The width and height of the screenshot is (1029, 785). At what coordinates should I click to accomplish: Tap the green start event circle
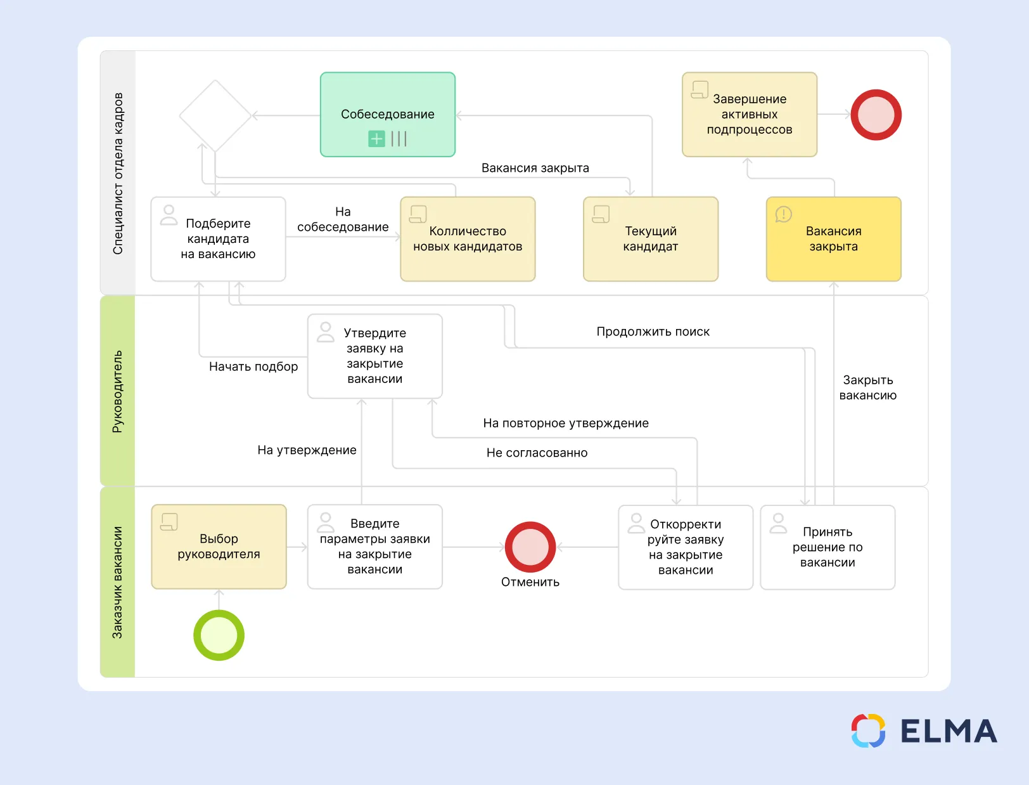pyautogui.click(x=219, y=635)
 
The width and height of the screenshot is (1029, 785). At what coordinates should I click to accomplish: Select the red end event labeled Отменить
pyautogui.click(x=530, y=547)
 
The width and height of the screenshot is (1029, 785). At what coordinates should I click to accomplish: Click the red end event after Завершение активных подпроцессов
pyautogui.click(x=876, y=115)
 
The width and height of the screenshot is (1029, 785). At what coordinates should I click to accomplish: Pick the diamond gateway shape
pyautogui.click(x=215, y=115)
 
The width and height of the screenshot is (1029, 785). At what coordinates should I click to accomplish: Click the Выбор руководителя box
pyautogui.click(x=219, y=546)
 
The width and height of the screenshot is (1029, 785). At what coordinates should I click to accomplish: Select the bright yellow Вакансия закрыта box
pyautogui.click(x=833, y=239)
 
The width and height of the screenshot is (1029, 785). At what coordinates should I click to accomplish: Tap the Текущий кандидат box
pyautogui.click(x=650, y=239)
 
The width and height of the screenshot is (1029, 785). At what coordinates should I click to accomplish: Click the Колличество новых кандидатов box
pyautogui.click(x=468, y=239)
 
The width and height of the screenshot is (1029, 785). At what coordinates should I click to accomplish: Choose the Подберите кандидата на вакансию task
pyautogui.click(x=218, y=239)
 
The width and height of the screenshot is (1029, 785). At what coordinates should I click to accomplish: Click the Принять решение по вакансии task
pyautogui.click(x=828, y=547)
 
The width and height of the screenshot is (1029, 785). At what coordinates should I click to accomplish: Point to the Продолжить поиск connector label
pyautogui.click(x=653, y=332)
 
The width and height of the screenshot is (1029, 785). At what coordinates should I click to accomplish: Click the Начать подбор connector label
pyautogui.click(x=253, y=367)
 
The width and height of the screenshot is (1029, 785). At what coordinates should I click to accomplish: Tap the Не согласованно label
pyautogui.click(x=537, y=453)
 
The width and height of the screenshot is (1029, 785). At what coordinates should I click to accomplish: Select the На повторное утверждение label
pyautogui.click(x=566, y=423)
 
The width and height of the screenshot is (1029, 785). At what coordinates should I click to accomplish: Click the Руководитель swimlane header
pyautogui.click(x=117, y=391)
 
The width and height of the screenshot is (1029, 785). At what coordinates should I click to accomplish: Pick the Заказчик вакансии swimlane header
pyautogui.click(x=117, y=582)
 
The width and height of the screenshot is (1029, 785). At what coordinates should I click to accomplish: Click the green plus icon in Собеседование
pyautogui.click(x=376, y=138)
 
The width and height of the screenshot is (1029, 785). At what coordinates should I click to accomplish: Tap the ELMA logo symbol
pyautogui.click(x=868, y=730)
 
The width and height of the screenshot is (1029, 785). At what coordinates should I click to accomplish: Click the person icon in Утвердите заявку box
pyautogui.click(x=326, y=332)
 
